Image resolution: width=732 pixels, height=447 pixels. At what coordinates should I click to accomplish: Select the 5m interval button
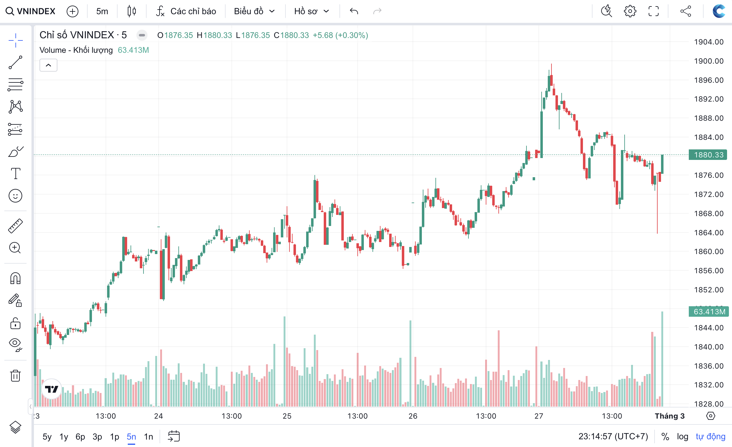pos(102,11)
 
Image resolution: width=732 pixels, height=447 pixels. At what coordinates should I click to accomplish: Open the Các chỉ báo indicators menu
pos(186,11)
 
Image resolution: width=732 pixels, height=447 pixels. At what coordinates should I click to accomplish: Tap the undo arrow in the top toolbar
pos(354,11)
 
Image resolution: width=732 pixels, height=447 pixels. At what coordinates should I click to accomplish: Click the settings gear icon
pos(630,11)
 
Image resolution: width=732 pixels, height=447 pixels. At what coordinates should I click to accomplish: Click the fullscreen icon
pos(654,11)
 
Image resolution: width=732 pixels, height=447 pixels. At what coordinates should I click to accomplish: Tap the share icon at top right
pos(686,11)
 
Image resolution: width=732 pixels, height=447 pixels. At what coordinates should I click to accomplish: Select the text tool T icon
pos(15,173)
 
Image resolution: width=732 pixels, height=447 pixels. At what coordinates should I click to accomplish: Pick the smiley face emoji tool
pos(15,196)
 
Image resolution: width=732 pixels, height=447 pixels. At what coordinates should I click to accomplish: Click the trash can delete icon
pos(15,376)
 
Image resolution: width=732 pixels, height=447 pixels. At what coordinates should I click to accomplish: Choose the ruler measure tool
pos(15,226)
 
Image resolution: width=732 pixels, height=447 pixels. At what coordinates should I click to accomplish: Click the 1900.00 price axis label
pos(709,61)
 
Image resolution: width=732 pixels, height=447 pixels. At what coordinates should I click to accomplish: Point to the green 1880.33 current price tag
pos(709,155)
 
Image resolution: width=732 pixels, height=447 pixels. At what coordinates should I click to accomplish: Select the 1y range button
pos(64,437)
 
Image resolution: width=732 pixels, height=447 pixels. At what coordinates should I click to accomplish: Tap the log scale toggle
pos(682,437)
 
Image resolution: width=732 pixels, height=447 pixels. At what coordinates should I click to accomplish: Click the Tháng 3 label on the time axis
pos(670,416)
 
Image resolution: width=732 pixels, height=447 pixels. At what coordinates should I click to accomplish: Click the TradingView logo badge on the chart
pos(52,389)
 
